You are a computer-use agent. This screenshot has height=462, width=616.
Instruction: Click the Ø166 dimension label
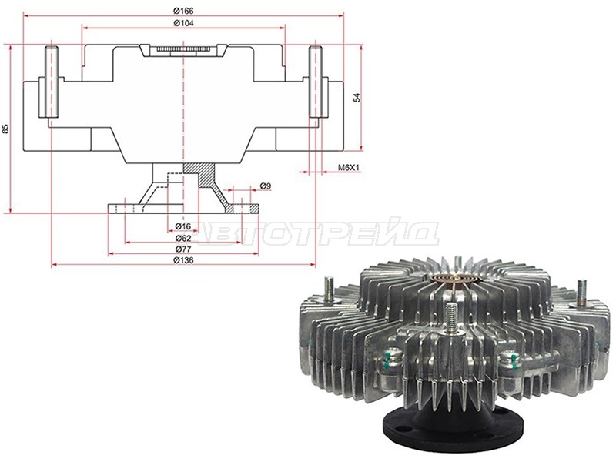183,11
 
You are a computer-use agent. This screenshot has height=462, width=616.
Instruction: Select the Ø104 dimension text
183,23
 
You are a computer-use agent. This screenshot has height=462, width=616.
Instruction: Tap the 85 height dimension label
5,129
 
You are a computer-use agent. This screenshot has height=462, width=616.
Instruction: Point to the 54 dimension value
357,98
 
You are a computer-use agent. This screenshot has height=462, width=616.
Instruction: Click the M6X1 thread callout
349,168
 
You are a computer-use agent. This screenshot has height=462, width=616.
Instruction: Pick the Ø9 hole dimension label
265,186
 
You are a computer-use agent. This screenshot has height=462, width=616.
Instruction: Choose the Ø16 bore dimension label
183,226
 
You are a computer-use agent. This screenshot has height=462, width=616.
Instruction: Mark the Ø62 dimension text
183,238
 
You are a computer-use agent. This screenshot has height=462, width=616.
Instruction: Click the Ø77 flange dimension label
183,249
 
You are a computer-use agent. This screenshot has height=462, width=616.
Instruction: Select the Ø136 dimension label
183,260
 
